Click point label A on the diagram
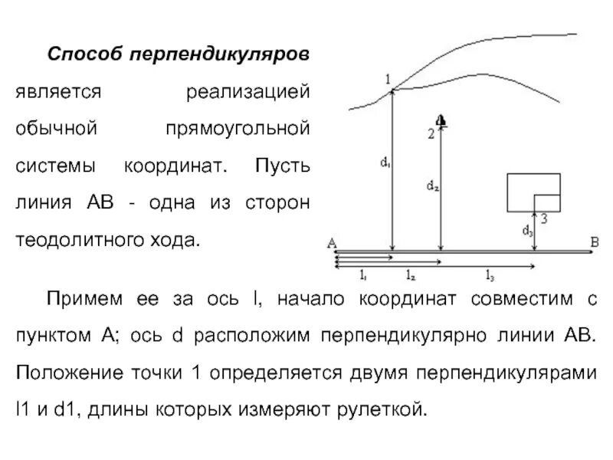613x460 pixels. [x=331, y=243]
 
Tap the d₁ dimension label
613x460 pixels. [x=384, y=162]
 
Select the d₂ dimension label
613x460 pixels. [x=432, y=185]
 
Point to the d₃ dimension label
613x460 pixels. [x=527, y=229]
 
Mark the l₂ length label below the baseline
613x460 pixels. [x=411, y=274]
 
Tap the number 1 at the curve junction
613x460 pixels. [x=388, y=79]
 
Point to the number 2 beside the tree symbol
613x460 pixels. [x=431, y=134]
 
